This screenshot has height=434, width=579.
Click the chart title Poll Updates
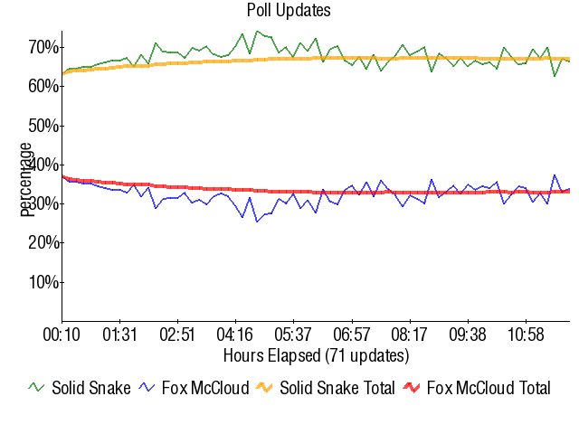point(289,11)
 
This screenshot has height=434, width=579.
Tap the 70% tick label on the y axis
point(44,46)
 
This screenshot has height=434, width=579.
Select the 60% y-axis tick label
point(44,86)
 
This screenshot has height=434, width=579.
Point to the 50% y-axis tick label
point(44,125)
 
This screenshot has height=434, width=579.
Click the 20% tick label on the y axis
point(44,243)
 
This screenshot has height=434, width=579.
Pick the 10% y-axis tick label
point(44,282)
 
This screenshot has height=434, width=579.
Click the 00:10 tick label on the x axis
point(62,335)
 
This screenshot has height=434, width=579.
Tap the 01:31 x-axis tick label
point(119,335)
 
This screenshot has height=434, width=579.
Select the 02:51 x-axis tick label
point(176,335)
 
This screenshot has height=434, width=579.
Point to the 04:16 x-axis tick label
point(235,335)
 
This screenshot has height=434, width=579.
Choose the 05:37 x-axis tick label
point(293,335)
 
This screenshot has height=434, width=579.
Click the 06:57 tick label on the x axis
point(352,335)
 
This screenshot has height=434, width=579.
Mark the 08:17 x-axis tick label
point(410,335)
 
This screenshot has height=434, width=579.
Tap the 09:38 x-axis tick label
point(468,335)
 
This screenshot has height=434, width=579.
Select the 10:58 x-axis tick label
point(526,335)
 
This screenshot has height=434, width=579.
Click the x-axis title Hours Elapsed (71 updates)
point(316,354)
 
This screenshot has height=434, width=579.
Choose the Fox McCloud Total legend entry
point(488,389)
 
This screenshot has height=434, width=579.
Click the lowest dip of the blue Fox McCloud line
point(257,222)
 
